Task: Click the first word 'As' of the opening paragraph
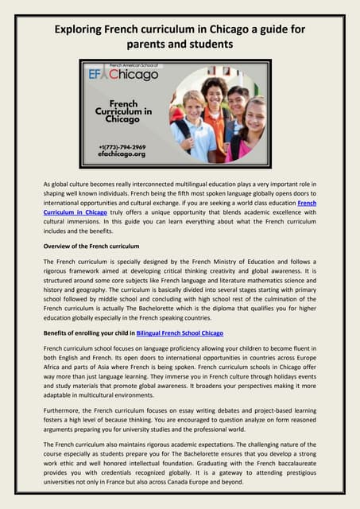47,185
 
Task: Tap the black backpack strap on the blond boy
182,130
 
